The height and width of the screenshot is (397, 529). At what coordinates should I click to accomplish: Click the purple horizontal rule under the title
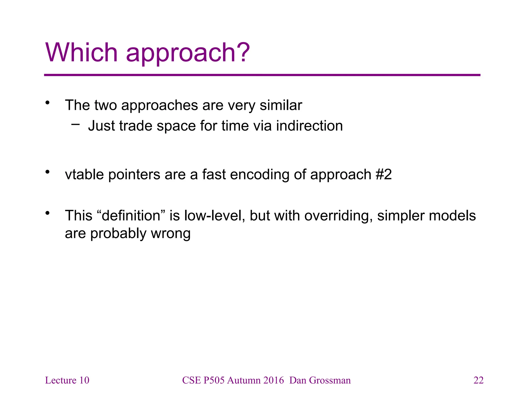(x=262, y=75)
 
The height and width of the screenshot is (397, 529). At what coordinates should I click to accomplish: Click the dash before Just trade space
(x=75, y=125)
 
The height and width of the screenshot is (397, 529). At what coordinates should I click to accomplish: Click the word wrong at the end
(x=171, y=233)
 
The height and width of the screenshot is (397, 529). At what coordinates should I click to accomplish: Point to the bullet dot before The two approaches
(x=47, y=103)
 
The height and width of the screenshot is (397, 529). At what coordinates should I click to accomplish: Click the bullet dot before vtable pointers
(x=47, y=172)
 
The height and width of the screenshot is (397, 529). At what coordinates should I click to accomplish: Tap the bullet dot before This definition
(x=47, y=213)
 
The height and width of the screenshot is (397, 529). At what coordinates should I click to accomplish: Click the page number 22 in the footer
(x=478, y=380)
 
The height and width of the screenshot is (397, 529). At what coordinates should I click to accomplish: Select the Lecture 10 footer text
(x=67, y=380)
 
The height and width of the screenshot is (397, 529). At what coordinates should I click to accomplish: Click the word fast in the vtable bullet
(x=214, y=174)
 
